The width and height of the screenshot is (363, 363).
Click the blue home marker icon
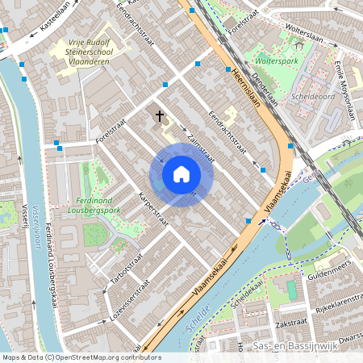(181, 174)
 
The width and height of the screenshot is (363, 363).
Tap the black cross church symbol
(160, 116)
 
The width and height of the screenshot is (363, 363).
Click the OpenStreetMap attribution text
(81, 357)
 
